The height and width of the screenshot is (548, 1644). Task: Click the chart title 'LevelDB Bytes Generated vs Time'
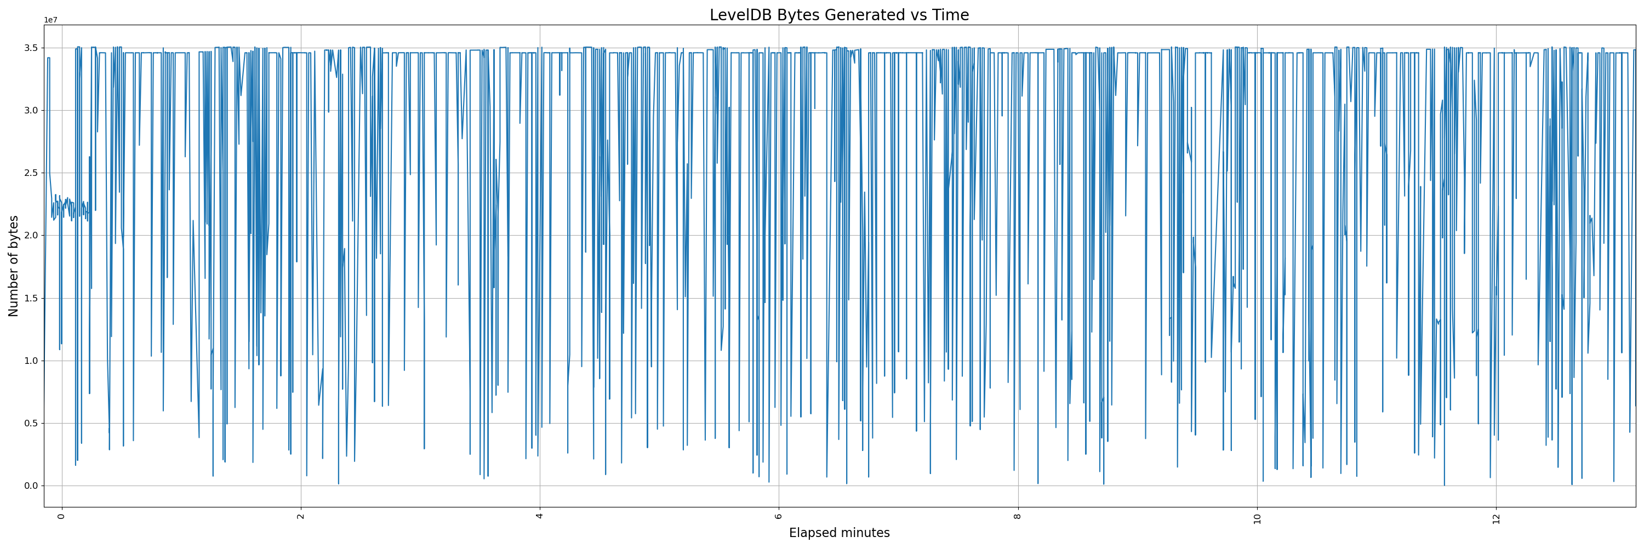click(838, 15)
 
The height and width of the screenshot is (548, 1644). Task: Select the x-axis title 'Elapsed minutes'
click(838, 533)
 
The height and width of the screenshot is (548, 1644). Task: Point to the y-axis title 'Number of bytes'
click(13, 266)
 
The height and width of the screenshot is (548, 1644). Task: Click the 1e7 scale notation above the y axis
click(50, 20)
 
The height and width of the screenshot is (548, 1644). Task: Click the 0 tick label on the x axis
click(61, 516)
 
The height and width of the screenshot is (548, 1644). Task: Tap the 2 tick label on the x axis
click(301, 516)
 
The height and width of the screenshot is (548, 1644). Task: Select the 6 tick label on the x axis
click(779, 516)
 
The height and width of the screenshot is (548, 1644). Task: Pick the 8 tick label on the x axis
click(1018, 516)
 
